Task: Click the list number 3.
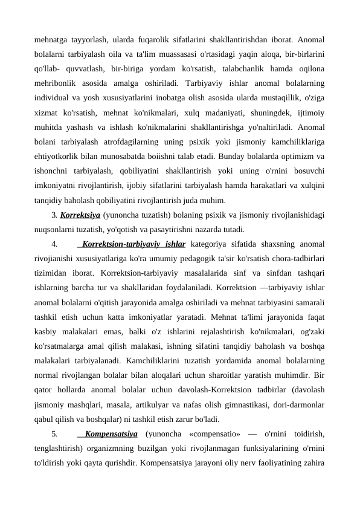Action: click(55, 215)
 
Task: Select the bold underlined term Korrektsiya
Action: click(80, 215)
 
